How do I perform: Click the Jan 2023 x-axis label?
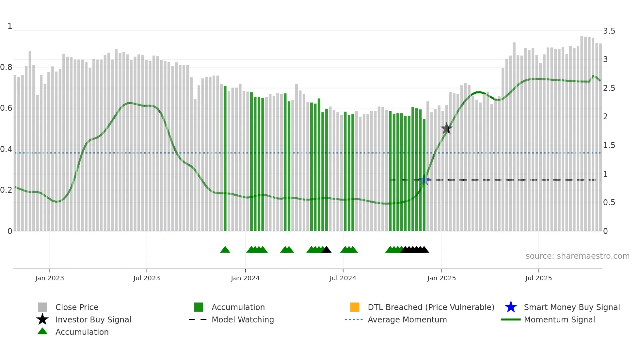(x=50, y=278)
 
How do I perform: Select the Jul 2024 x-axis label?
(x=343, y=278)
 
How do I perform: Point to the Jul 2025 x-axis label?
(x=538, y=278)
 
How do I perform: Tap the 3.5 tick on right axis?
(x=609, y=31)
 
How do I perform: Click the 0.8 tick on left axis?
(x=6, y=67)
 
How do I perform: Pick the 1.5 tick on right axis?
(x=609, y=145)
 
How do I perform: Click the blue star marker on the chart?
(x=424, y=180)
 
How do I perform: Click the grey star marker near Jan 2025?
(x=446, y=128)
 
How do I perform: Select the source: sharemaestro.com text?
(x=577, y=256)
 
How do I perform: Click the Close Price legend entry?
(x=77, y=307)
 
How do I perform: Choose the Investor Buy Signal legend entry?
(x=93, y=319)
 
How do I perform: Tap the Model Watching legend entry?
(x=243, y=319)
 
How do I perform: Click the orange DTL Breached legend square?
(x=355, y=307)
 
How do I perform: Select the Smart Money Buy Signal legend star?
(x=511, y=307)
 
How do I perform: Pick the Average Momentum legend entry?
(x=407, y=319)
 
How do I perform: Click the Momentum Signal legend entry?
(x=559, y=319)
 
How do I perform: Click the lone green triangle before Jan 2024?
(x=225, y=250)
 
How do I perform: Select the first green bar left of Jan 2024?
(x=225, y=157)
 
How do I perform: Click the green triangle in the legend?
(x=42, y=332)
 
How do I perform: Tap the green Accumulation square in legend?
(x=199, y=307)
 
